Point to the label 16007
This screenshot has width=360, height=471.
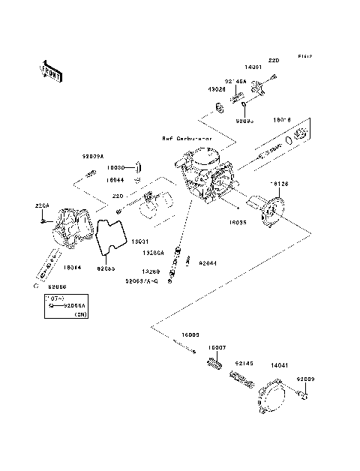click(x=216, y=349)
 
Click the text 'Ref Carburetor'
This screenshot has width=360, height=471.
click(x=187, y=139)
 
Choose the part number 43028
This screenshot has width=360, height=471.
click(x=216, y=89)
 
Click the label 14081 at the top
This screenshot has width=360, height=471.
click(x=253, y=68)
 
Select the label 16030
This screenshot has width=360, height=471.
click(x=113, y=169)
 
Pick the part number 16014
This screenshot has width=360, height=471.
click(x=73, y=267)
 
